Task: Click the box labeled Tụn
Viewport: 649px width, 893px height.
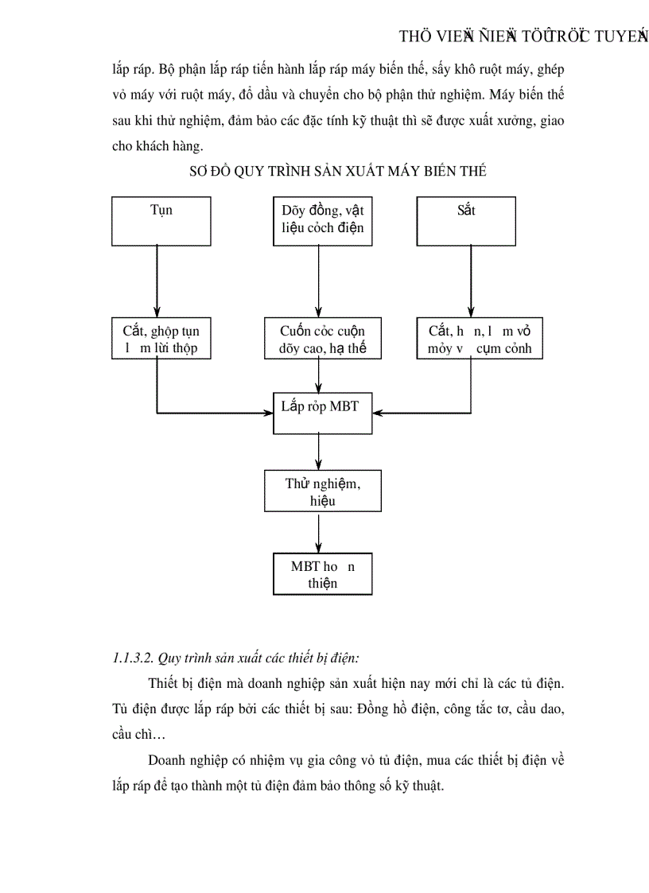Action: [x=161, y=220]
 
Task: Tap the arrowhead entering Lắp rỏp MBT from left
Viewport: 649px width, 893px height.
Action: [x=267, y=413]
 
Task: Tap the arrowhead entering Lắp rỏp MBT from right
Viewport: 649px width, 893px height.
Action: [x=378, y=413]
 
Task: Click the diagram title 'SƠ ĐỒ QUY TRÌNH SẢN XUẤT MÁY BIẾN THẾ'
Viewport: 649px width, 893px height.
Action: [x=337, y=171]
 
